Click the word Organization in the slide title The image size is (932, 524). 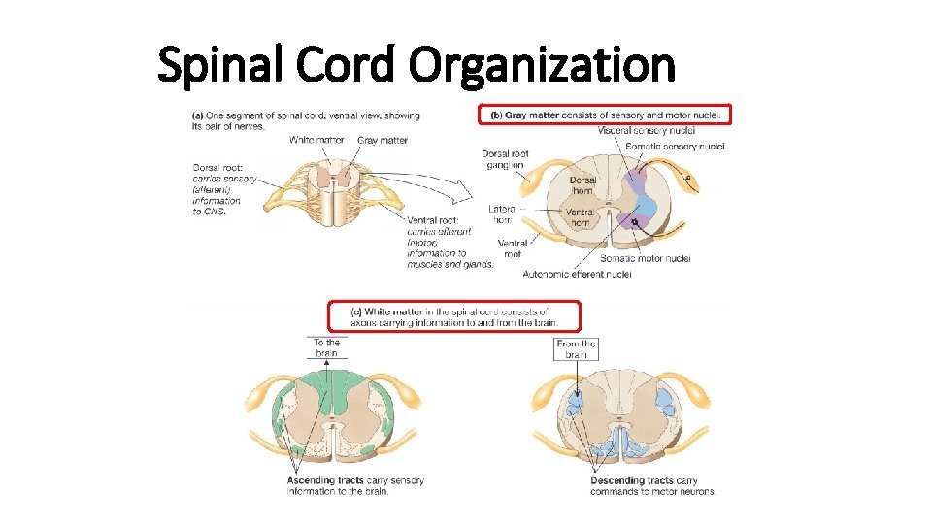tap(542, 66)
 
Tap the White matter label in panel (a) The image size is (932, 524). tap(316, 140)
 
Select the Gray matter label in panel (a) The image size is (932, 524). tap(382, 140)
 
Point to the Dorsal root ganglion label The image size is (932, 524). tap(505, 159)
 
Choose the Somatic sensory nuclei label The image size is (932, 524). tap(676, 147)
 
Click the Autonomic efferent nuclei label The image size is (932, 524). tap(577, 275)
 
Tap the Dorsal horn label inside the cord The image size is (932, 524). tap(582, 186)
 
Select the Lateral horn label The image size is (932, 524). tap(505, 213)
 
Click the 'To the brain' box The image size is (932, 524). tap(326, 348)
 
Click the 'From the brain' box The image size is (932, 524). tap(576, 348)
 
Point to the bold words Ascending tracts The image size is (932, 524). tap(325, 480)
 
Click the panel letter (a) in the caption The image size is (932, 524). tap(199, 115)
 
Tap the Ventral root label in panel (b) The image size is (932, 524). tap(513, 248)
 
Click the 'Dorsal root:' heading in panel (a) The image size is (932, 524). tap(219, 167)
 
